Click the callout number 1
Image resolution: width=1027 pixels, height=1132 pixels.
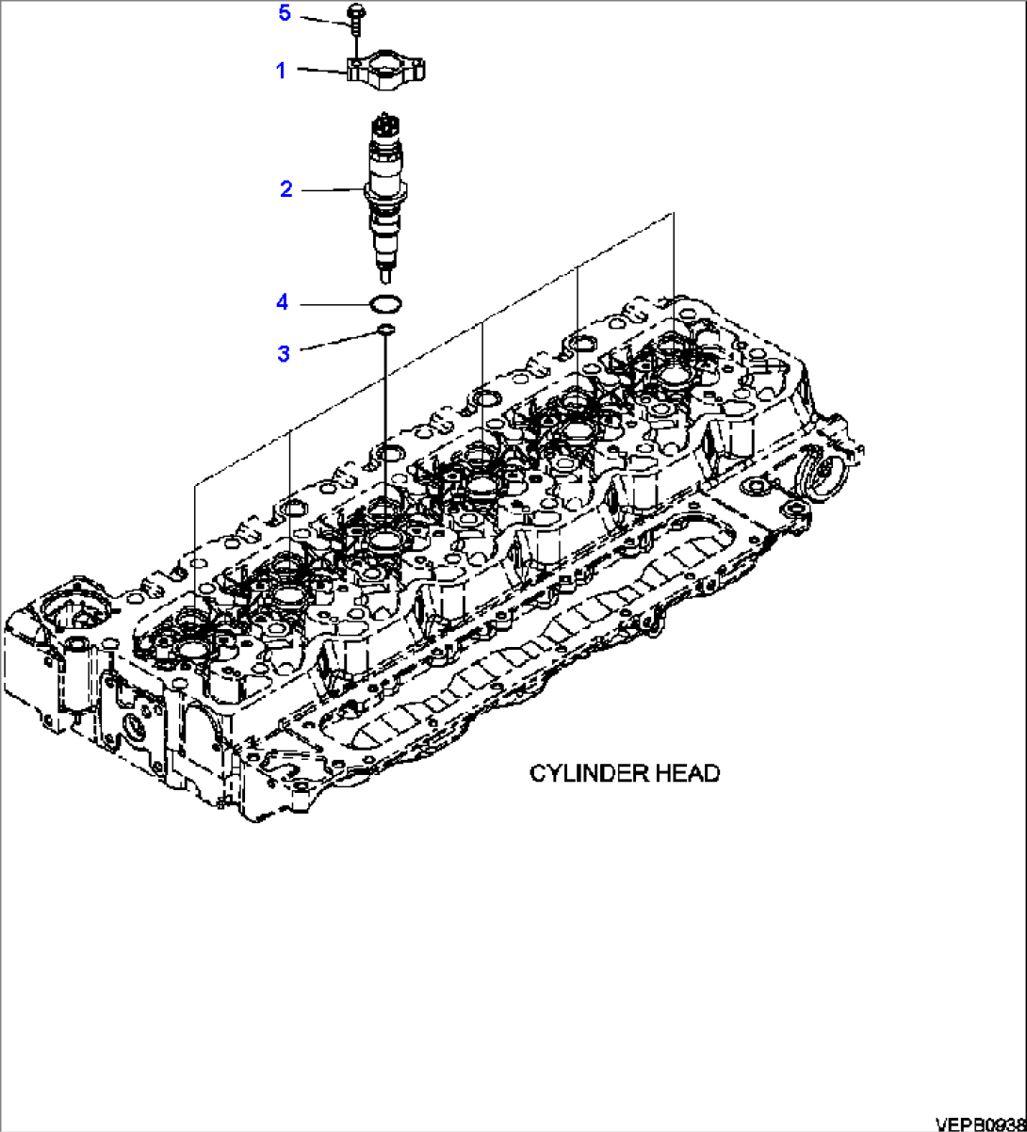[281, 70]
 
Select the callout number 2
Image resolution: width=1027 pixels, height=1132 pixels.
[285, 189]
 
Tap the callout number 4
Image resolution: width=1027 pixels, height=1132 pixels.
[281, 302]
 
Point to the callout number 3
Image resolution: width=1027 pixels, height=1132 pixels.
[284, 353]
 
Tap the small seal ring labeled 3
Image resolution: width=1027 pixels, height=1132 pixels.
[383, 329]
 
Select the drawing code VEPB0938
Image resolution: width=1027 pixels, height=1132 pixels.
[979, 1124]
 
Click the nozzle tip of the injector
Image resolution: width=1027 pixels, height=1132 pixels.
[386, 275]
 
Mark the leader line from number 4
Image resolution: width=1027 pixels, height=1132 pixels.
[334, 303]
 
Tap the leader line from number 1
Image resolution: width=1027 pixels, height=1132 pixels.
[320, 71]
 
